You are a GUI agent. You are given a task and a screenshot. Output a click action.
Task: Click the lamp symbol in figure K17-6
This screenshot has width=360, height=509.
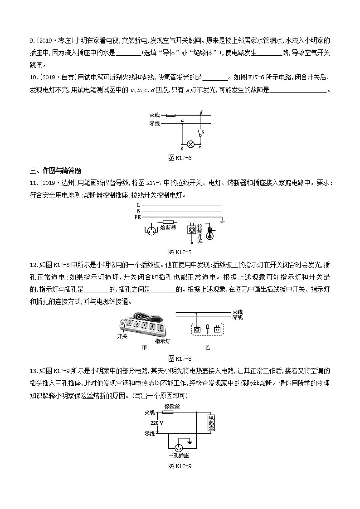pyautogui.click(x=191, y=145)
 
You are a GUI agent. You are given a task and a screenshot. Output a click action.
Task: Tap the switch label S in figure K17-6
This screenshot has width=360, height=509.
pyautogui.click(x=202, y=132)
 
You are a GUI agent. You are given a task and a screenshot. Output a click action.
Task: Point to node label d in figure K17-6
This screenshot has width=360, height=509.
pyautogui.click(x=201, y=111)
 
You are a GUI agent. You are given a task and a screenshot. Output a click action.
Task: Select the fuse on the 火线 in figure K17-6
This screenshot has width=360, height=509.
pyautogui.click(x=171, y=115)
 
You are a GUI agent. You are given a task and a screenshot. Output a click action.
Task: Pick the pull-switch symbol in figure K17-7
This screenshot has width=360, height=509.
pyautogui.click(x=191, y=230)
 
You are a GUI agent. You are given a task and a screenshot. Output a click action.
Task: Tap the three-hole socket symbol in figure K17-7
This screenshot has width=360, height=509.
pyautogui.click(x=149, y=229)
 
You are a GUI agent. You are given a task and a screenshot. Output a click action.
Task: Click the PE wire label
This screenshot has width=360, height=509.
pyautogui.click(x=138, y=217)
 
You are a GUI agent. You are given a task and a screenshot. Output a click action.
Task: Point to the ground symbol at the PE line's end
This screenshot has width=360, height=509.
pyautogui.click(x=222, y=221)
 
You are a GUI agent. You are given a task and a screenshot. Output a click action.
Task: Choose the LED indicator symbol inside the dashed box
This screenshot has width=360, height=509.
pyautogui.click(x=207, y=329)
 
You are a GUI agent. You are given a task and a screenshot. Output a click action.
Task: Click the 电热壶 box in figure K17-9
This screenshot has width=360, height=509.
pyautogui.click(x=211, y=424)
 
